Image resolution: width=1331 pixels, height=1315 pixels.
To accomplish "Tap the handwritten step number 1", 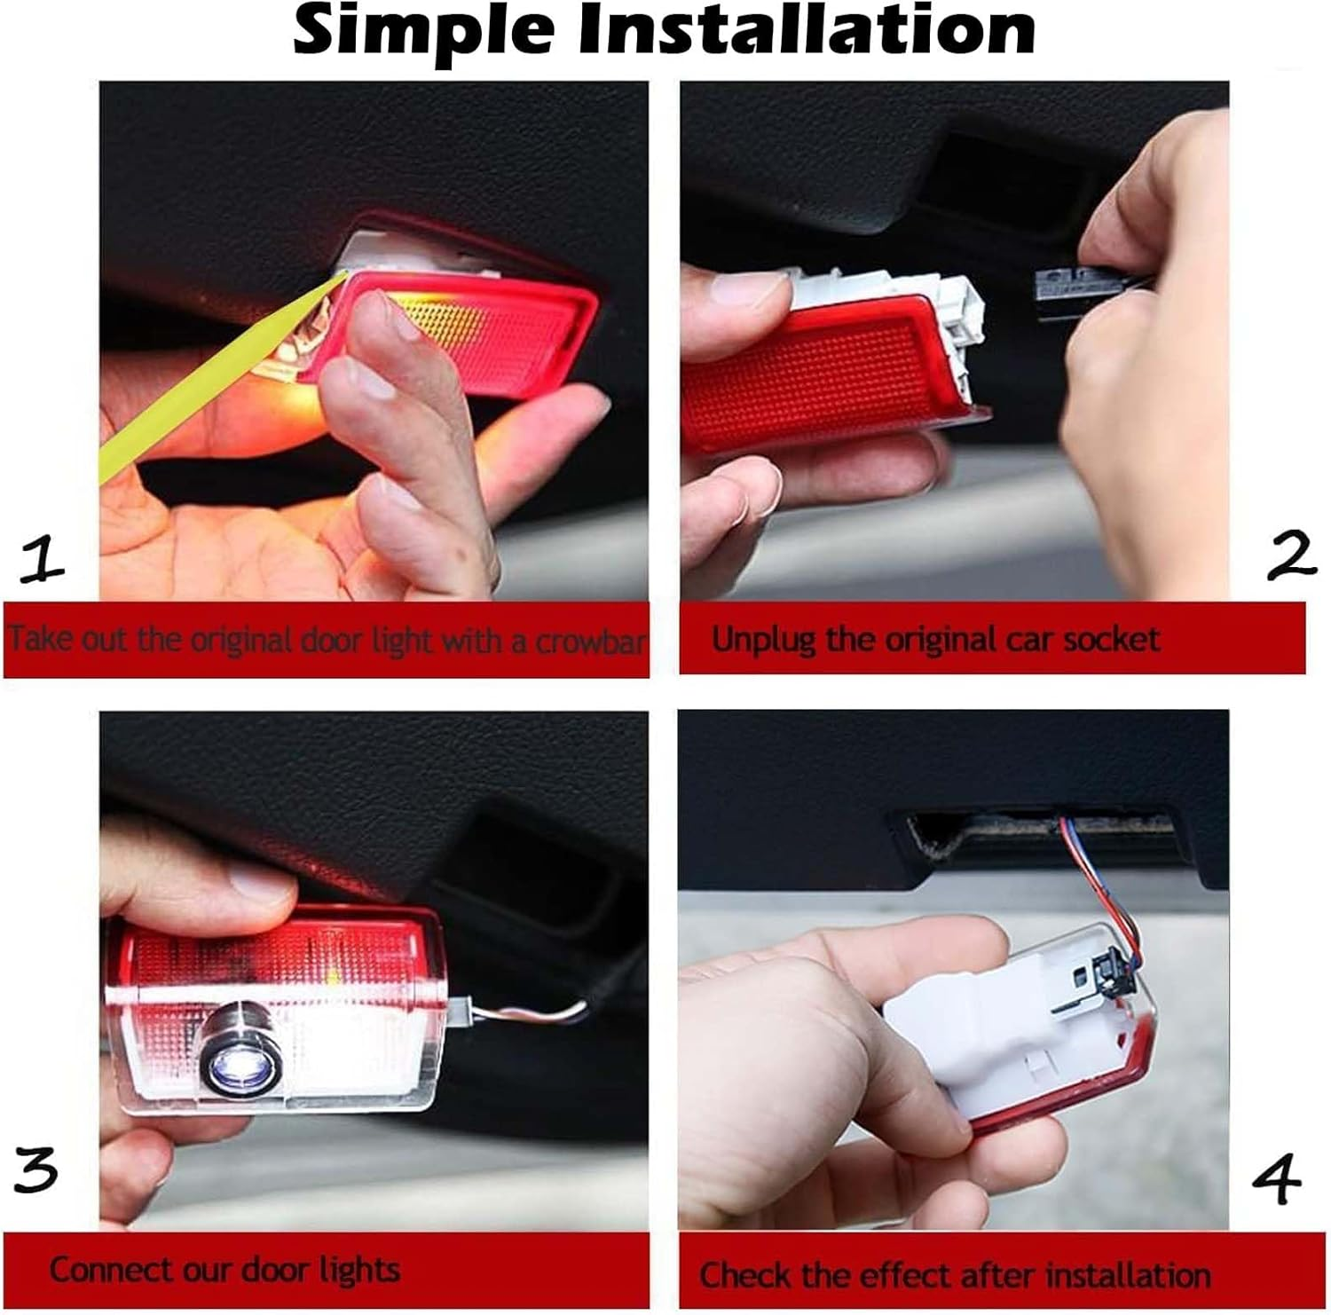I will pyautogui.click(x=42, y=563).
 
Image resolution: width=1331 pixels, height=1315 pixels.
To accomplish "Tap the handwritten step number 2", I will pyautogui.click(x=1291, y=557).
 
